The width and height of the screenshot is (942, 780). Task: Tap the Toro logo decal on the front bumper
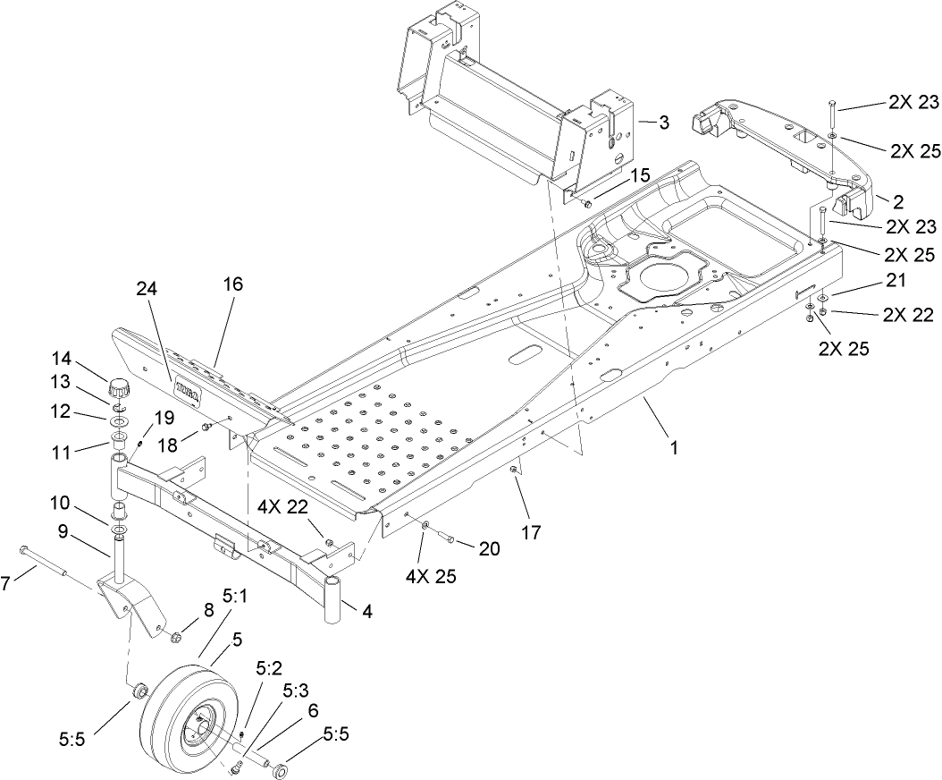pos(187,390)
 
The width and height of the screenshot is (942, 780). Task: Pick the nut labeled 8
pos(176,637)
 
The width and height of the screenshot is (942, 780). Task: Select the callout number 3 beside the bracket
pos(663,123)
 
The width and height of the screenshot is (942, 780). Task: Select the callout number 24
pos(146,289)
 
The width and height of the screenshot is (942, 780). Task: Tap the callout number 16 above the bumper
pos(231,284)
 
